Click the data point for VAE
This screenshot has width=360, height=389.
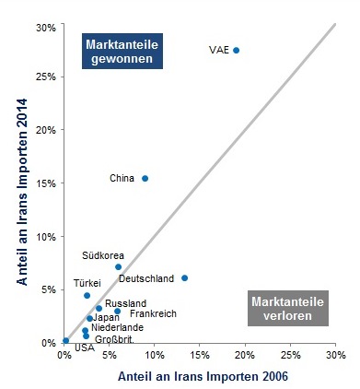236,50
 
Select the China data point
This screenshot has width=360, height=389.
145,178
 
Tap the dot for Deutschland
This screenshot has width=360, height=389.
184,277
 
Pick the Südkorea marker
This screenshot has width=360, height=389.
118,266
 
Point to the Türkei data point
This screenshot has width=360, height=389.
87,295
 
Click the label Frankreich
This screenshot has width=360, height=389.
153,314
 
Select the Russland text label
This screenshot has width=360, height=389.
125,303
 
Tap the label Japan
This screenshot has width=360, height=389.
106,317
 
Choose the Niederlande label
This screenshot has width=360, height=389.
117,327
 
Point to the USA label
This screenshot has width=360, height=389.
84,348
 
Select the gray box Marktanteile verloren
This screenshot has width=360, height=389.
287,308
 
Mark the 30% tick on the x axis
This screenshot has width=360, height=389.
335,354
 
